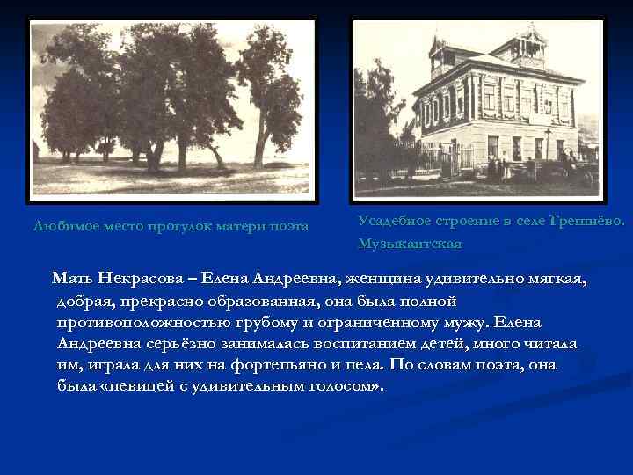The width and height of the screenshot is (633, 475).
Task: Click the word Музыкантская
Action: pos(409,242)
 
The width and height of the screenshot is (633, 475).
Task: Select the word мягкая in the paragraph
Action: pos(557,279)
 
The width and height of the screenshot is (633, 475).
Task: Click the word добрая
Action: pos(86,301)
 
